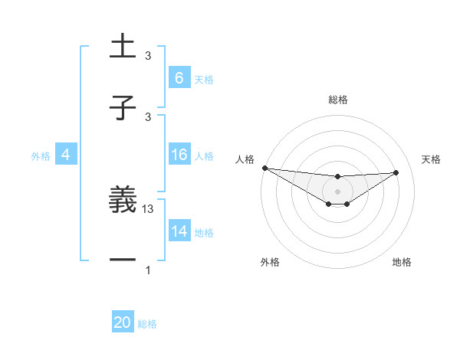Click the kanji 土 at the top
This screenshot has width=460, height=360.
(x=123, y=47)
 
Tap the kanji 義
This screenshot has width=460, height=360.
(x=123, y=201)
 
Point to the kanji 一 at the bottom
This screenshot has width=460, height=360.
(x=123, y=260)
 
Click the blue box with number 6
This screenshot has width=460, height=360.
(x=179, y=77)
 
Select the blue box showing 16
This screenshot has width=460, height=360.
(x=179, y=155)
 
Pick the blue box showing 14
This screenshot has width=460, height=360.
(x=179, y=231)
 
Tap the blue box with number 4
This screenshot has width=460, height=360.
(x=66, y=155)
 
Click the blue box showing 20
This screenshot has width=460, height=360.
(x=123, y=322)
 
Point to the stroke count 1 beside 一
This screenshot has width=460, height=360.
(x=149, y=270)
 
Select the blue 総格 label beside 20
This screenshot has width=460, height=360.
(x=147, y=324)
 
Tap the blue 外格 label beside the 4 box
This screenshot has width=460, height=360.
(x=41, y=155)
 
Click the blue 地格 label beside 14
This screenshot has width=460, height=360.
(x=204, y=233)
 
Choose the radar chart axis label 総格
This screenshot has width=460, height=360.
(x=337, y=100)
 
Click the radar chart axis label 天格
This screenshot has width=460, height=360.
(x=431, y=159)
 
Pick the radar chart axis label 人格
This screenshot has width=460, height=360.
(x=244, y=159)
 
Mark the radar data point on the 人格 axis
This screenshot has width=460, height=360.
(x=264, y=168)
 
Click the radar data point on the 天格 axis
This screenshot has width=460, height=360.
(x=396, y=172)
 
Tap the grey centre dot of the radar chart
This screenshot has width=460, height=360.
(x=337, y=191)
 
